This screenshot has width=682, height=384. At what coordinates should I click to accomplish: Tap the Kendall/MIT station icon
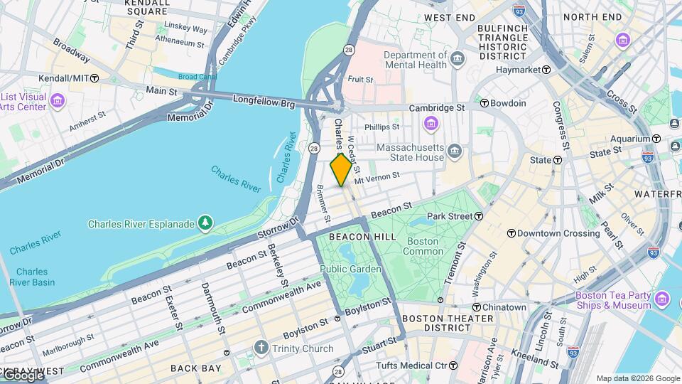point(94,78)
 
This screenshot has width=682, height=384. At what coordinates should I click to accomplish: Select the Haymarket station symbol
point(546,70)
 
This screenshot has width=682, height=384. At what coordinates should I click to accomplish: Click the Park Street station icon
point(480,215)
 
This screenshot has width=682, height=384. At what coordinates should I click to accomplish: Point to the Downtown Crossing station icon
point(511,233)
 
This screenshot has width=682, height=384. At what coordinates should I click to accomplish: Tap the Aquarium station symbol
point(656,139)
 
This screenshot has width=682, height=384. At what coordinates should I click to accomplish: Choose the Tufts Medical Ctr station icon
point(453,366)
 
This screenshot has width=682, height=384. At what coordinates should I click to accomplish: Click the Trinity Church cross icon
point(261,348)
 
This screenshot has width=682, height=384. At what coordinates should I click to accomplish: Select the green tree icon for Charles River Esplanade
point(205,224)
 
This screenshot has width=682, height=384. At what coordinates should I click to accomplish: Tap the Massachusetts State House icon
point(455,152)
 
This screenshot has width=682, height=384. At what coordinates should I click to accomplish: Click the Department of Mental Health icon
point(457,58)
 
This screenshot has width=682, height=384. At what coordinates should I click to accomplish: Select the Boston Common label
point(423,246)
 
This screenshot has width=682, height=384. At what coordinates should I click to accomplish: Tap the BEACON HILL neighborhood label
point(357,236)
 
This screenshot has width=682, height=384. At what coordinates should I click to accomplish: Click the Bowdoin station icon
point(485,103)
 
